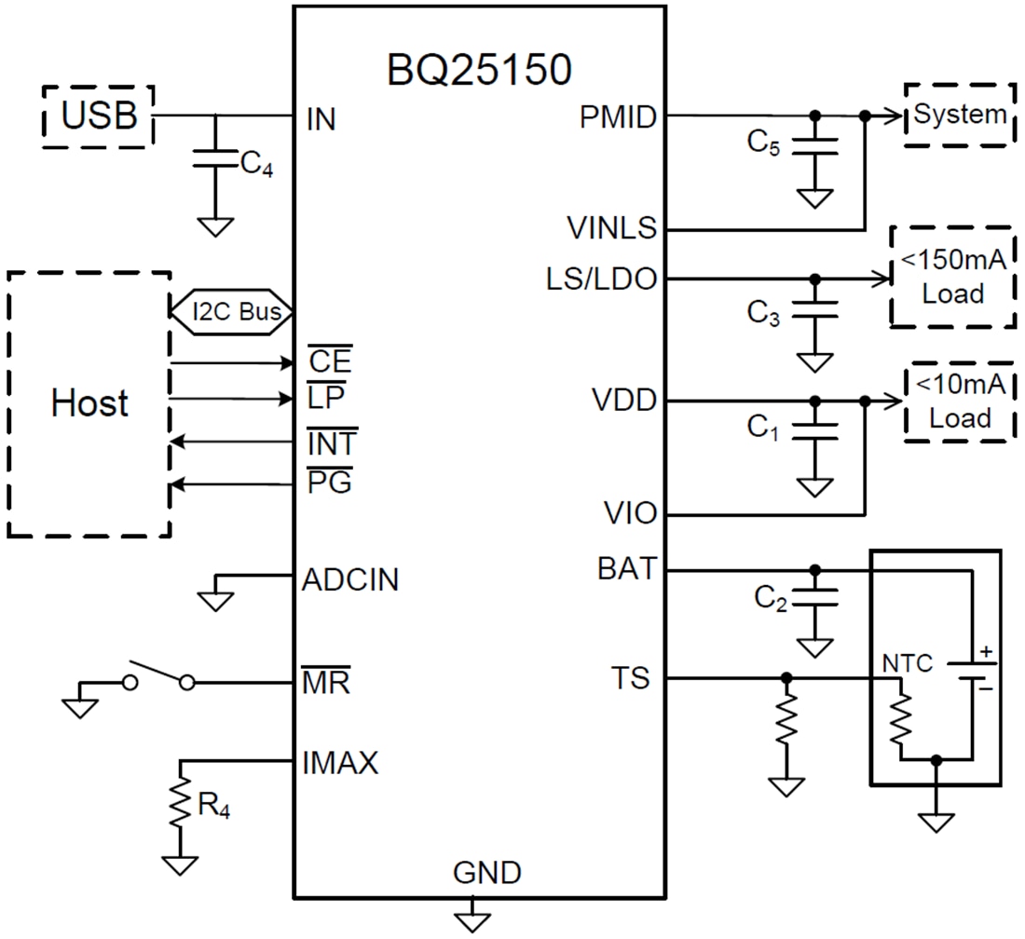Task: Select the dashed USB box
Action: click(x=99, y=116)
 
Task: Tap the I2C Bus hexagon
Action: click(x=232, y=311)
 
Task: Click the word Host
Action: click(x=89, y=403)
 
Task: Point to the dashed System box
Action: click(x=960, y=115)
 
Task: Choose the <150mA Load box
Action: click(x=952, y=277)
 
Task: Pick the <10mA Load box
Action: click(x=960, y=402)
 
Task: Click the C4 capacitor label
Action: click(x=257, y=166)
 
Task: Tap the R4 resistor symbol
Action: click(x=179, y=804)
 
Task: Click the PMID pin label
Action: click(x=617, y=117)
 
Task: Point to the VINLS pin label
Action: click(x=611, y=227)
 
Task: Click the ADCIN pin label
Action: click(x=349, y=580)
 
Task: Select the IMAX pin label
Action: click(x=340, y=764)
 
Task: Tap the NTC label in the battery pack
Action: click(x=907, y=664)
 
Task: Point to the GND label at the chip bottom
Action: click(x=486, y=873)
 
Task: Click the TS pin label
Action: click(x=630, y=678)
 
